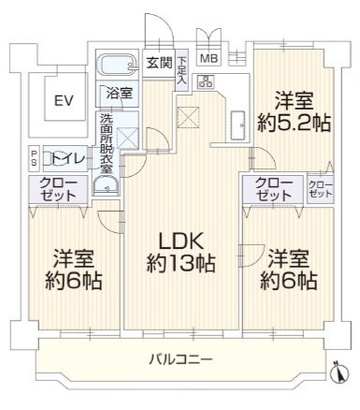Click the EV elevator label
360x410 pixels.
(x=64, y=101)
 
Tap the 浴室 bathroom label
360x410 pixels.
(x=118, y=94)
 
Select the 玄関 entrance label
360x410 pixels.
(x=157, y=63)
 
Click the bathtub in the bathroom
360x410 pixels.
(x=121, y=66)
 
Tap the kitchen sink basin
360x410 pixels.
(x=238, y=121)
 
